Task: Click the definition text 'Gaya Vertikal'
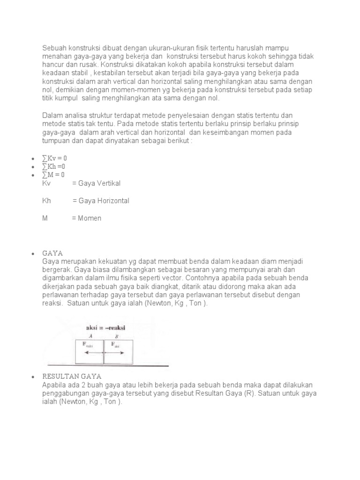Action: coord(100,183)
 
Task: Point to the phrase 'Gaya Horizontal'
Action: coord(104,201)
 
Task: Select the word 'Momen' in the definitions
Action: coord(90,218)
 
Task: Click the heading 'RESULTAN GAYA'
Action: coord(72,376)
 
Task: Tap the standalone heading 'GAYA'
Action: coord(52,253)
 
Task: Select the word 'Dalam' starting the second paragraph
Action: coord(52,115)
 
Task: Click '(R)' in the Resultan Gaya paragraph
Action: coord(248,393)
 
